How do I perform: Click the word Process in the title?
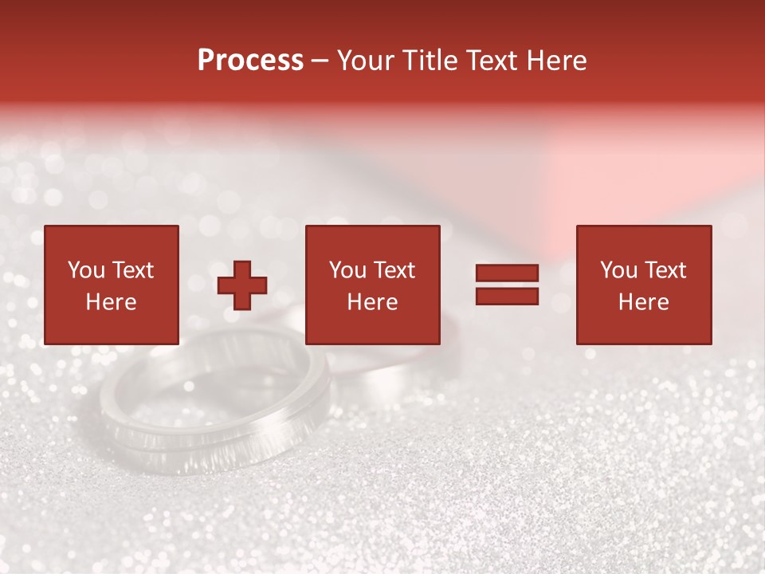[250, 61]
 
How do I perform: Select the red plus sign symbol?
[242, 285]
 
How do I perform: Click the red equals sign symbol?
[507, 285]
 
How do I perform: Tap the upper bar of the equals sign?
[507, 273]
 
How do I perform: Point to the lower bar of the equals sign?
[507, 296]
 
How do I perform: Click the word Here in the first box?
[111, 302]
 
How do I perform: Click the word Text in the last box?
[665, 270]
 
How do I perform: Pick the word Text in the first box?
[132, 270]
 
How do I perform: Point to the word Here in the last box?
[643, 302]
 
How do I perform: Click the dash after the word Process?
[320, 61]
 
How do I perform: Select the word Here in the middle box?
[372, 302]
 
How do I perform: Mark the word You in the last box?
[618, 270]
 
